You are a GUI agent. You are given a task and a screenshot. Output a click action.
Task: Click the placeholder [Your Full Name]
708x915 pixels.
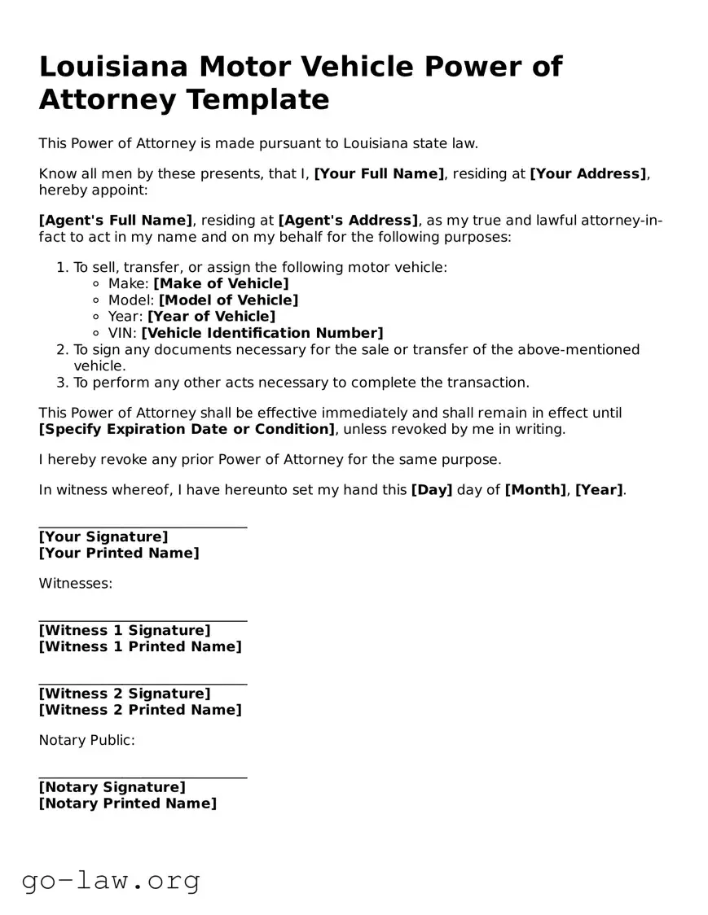tap(379, 173)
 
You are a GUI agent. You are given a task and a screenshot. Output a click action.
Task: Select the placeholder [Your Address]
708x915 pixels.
tap(588, 173)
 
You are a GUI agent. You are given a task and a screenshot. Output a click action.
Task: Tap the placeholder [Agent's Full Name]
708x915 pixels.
tap(116, 221)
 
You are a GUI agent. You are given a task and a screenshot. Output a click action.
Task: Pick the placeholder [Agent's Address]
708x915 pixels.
tap(349, 221)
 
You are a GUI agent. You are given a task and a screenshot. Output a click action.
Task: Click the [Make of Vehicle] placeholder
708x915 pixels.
tap(221, 283)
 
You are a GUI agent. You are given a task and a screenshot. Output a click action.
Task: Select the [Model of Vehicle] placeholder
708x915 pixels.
tap(228, 300)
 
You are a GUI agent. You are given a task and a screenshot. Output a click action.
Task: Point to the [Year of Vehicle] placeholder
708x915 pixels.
tap(211, 317)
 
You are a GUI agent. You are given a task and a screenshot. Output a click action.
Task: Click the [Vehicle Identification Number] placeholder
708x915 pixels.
tap(262, 333)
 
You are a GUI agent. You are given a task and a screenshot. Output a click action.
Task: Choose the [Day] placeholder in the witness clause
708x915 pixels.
tap(432, 490)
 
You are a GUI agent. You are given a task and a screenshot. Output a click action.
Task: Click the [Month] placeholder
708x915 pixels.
tap(535, 490)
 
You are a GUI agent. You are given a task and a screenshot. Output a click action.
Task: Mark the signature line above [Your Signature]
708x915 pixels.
tap(143, 528)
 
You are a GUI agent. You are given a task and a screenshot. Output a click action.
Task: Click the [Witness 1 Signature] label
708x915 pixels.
tap(124, 631)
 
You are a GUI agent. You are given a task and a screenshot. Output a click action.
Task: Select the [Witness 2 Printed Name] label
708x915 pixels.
tap(140, 710)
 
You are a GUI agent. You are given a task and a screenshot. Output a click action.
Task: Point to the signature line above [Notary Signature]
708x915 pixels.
tap(143, 778)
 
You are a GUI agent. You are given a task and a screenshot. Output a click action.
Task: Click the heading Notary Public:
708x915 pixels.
tap(86, 741)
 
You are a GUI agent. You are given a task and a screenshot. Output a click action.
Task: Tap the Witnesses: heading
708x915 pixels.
tap(76, 584)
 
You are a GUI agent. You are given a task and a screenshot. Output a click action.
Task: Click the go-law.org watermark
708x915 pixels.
tap(111, 880)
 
